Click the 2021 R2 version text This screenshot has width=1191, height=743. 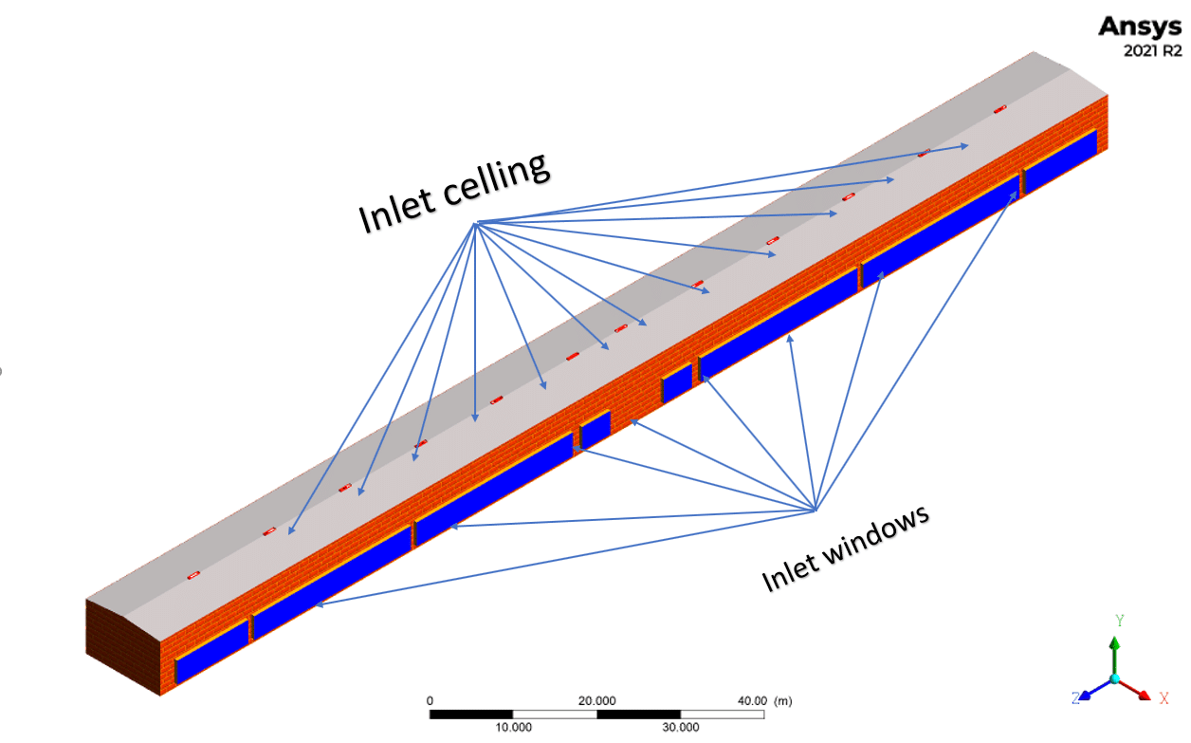[x=1153, y=52]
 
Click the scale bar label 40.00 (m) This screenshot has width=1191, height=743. [x=765, y=700]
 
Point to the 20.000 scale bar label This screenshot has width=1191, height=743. [x=597, y=700]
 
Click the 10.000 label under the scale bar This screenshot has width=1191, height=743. [x=513, y=727]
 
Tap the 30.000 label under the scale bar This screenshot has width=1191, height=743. [x=680, y=727]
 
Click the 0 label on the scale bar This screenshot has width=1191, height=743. [x=431, y=700]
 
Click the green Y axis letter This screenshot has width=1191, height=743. [x=1119, y=621]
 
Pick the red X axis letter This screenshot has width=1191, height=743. [x=1164, y=698]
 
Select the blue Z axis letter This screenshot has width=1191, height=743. [x=1075, y=698]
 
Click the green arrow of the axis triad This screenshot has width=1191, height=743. [x=1115, y=651]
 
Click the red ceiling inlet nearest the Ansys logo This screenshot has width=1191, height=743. [x=999, y=110]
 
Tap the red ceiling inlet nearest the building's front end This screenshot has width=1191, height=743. [x=193, y=576]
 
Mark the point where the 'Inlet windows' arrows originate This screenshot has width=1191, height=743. [x=815, y=511]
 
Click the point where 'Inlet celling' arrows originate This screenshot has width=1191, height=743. [x=476, y=223]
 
